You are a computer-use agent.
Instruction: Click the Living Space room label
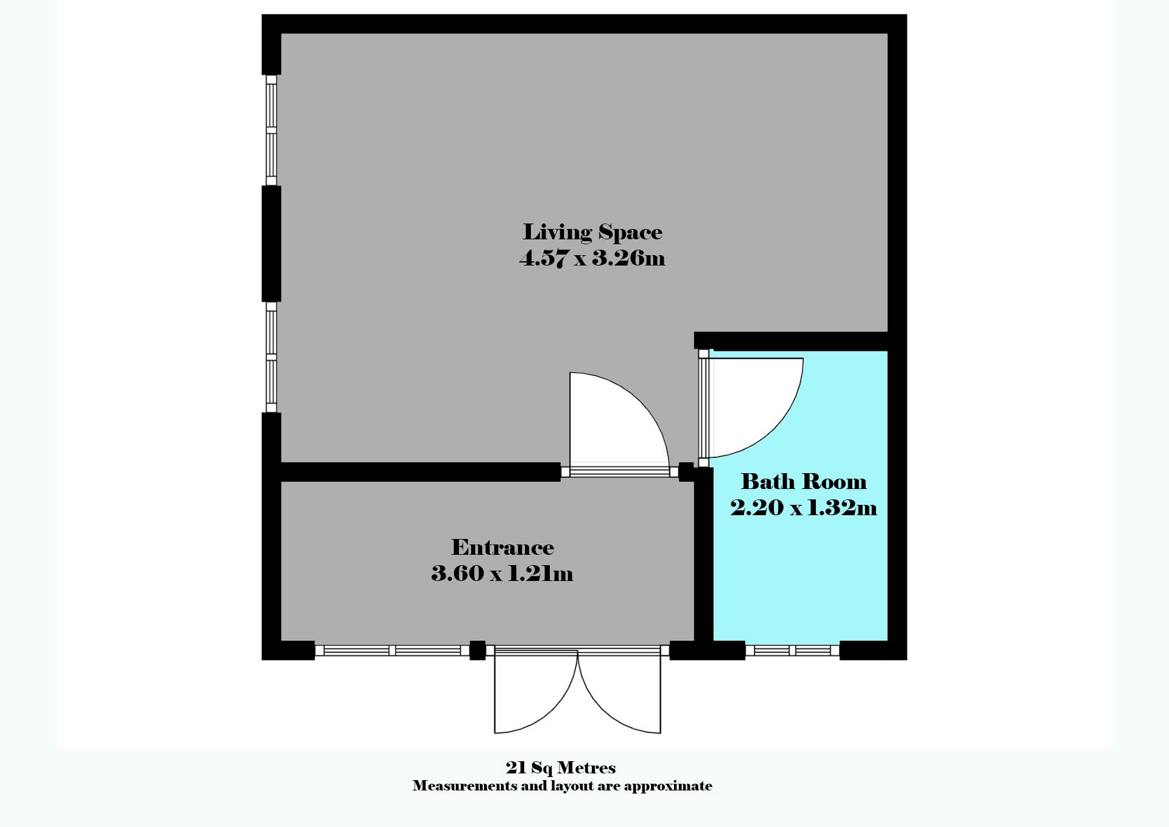tap(592, 232)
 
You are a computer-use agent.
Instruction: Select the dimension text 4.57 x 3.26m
tap(592, 258)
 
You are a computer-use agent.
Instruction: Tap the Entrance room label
tap(502, 547)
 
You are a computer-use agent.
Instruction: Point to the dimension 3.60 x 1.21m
tap(502, 574)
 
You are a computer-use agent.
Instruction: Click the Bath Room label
tap(803, 482)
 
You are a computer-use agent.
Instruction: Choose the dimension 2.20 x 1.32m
tap(803, 507)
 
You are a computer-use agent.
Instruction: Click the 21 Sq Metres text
tap(561, 767)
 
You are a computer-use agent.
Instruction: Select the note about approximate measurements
tap(562, 786)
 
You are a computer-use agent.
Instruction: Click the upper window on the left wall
tap(272, 130)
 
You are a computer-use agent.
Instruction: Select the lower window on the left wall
tap(272, 357)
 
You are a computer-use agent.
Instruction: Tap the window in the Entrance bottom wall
tap(392, 651)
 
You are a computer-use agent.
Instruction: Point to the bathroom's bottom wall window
tap(792, 651)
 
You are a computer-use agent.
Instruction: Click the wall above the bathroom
tap(792, 341)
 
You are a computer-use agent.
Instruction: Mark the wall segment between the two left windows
tap(272, 244)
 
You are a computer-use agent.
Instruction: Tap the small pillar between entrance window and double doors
tap(477, 650)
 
